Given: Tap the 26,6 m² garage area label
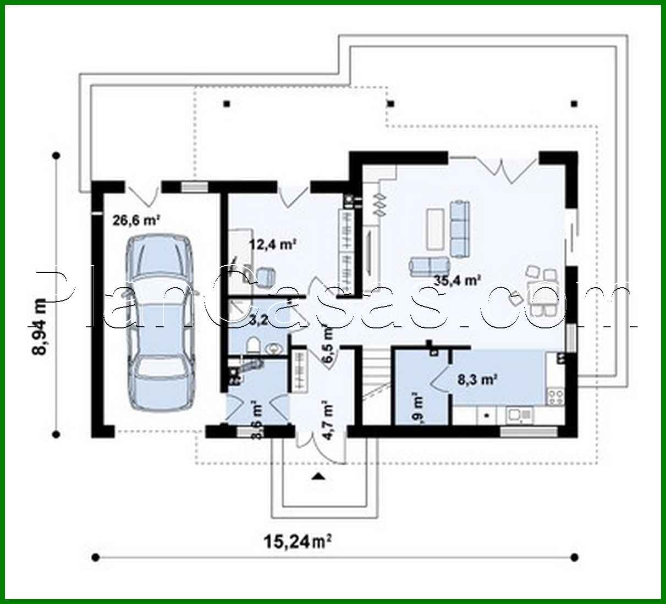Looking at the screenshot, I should click(136, 221).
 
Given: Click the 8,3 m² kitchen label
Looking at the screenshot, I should click(477, 378).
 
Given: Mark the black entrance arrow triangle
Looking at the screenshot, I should click(317, 476).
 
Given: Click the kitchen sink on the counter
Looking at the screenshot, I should click(519, 414).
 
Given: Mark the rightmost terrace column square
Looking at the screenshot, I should click(575, 103).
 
